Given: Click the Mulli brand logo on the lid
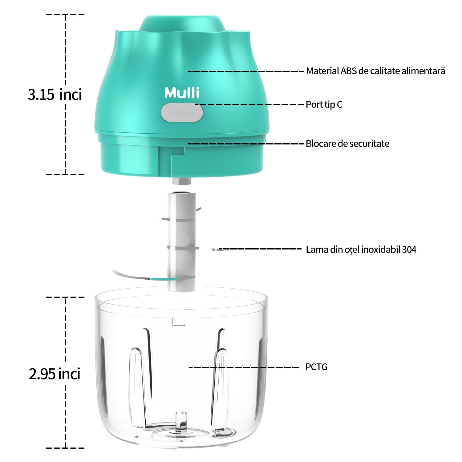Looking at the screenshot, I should tap(182, 93).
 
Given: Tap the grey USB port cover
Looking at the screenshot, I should tap(182, 113).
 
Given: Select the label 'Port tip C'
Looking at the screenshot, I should tap(324, 105).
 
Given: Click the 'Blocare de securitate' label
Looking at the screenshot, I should tap(347, 144).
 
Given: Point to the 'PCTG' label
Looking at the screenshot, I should tap(316, 367).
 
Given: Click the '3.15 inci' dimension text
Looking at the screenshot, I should tap(55, 94).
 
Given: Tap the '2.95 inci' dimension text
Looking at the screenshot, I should tap(55, 374).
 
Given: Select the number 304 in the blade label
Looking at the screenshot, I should tap(409, 249).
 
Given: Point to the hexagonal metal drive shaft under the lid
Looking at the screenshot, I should tap(181, 181).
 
